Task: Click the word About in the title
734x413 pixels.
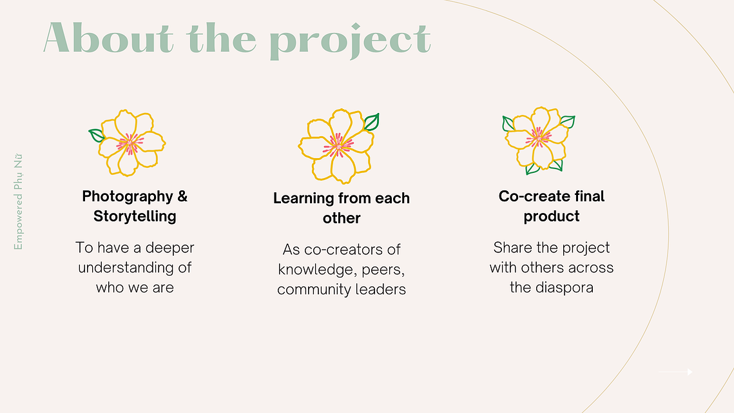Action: pos(109,38)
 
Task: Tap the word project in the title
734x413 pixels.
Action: pos(350,41)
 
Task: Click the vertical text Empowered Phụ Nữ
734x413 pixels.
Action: pos(18,201)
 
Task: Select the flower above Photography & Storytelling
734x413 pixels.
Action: pos(128,143)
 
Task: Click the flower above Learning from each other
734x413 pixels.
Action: pos(338,146)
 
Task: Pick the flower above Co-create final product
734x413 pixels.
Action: pos(538,140)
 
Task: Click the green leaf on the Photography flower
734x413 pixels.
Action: pos(96,136)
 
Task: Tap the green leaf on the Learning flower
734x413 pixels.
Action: pos(372,122)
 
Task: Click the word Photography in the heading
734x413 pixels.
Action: pos(128,196)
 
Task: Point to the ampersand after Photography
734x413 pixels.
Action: pos(182,196)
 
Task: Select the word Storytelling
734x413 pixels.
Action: pos(135,216)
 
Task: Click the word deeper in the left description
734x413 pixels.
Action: pos(170,248)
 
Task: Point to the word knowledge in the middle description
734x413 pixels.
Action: pos(316,270)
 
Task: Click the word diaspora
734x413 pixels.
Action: pos(564,288)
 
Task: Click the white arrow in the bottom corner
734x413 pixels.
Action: pos(675,372)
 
